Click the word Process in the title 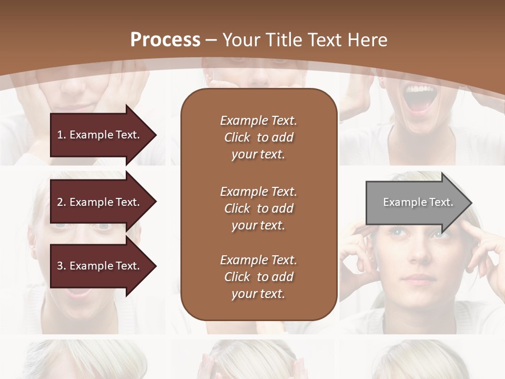click(x=165, y=39)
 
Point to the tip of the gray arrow click(x=471, y=203)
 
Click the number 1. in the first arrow click(x=62, y=135)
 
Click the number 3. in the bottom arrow click(x=62, y=266)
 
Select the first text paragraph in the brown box click(x=258, y=137)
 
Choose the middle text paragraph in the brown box click(x=258, y=208)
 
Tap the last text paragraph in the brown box click(x=258, y=277)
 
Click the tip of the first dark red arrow click(x=155, y=135)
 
